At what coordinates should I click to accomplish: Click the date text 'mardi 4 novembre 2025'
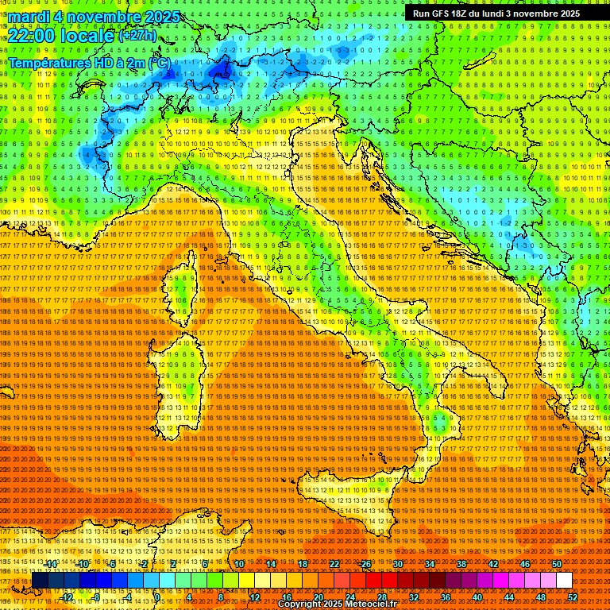(94, 17)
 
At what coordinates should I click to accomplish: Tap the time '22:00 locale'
(61, 36)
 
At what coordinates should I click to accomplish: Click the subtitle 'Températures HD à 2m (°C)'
(90, 62)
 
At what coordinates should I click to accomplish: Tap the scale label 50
(557, 564)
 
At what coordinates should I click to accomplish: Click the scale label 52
(573, 596)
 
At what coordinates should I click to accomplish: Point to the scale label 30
(398, 564)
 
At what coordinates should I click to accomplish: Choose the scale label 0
(157, 596)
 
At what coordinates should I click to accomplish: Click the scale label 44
(509, 596)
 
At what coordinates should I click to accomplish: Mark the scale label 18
(303, 564)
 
